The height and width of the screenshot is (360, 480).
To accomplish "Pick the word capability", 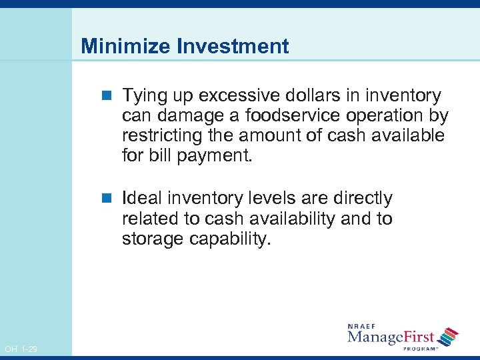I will coord(231,239).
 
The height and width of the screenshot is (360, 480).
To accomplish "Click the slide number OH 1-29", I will coord(21,349).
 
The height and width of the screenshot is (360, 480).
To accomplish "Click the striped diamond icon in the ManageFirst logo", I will coord(449,337).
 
